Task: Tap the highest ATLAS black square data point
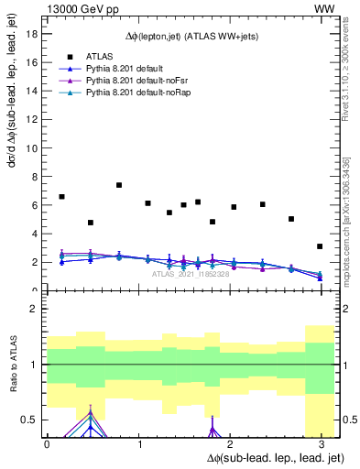point(119,185)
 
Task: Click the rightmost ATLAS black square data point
point(320,246)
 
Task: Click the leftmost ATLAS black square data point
point(61,197)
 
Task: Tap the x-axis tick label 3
point(321,444)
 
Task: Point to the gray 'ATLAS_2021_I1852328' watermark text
point(191,273)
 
